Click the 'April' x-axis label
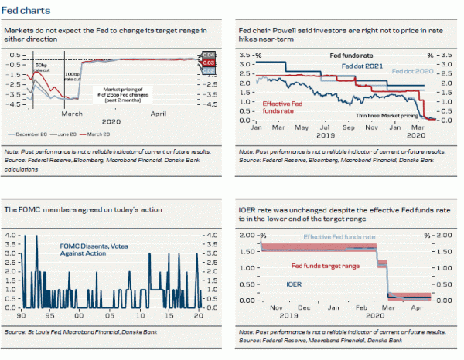(159, 113)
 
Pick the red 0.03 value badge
(208, 63)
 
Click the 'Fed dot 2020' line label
(415, 70)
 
